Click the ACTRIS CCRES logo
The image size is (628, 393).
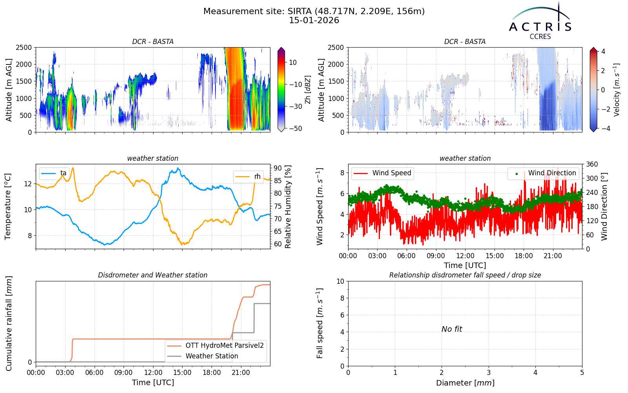(540, 21)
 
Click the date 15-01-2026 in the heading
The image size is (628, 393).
(314, 20)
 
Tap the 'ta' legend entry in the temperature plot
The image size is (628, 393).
(54, 173)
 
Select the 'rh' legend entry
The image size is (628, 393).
(248, 176)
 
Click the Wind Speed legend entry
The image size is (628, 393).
(382, 173)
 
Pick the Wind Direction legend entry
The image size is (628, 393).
(542, 173)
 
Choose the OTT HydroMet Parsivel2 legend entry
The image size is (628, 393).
(215, 345)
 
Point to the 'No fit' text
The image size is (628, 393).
(452, 329)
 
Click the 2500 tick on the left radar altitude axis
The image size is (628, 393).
(24, 48)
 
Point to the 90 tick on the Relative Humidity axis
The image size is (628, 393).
(277, 168)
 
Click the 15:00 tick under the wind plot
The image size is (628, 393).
(495, 256)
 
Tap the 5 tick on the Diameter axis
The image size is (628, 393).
(582, 373)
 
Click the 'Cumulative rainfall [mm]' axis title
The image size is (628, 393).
(9, 323)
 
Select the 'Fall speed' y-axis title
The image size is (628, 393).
(320, 323)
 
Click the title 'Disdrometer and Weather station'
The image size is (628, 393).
(153, 275)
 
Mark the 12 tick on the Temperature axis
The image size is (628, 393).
(28, 184)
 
